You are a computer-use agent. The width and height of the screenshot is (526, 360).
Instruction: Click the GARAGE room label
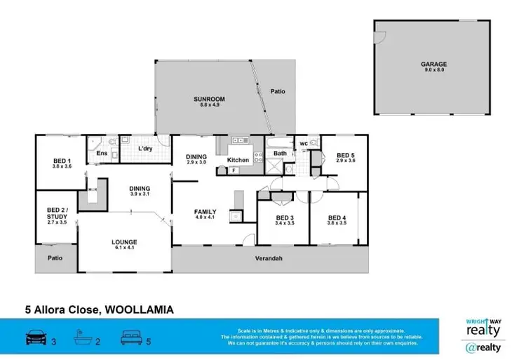tap(434, 64)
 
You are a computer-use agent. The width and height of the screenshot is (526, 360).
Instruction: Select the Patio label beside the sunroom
tap(278, 91)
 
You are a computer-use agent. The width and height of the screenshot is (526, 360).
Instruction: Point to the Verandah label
tap(269, 258)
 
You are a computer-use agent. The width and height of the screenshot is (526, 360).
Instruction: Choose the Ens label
tap(102, 153)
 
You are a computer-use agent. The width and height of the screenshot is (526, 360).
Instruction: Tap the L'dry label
tap(145, 149)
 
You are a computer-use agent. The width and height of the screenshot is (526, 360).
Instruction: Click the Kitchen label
tap(238, 160)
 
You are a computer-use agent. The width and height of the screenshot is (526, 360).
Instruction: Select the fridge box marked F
tap(234, 169)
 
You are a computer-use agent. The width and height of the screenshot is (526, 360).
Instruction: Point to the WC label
tap(304, 145)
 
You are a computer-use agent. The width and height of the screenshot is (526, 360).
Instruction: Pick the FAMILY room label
tap(205, 211)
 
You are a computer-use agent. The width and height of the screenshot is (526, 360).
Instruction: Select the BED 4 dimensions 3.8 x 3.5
tap(337, 223)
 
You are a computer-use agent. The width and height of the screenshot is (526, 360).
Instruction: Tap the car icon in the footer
tap(36, 336)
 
